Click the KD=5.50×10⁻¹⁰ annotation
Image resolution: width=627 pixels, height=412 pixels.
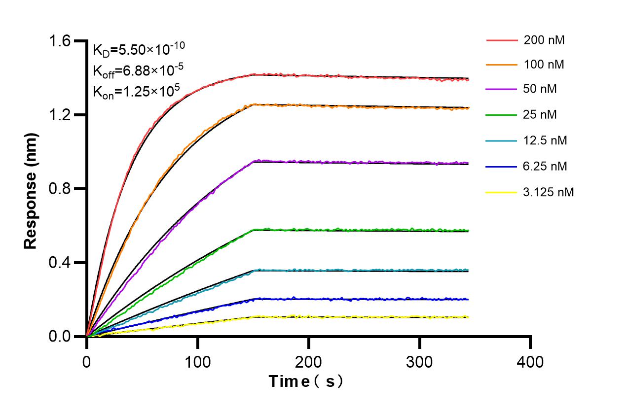139,49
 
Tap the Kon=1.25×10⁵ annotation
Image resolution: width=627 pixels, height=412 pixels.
136,91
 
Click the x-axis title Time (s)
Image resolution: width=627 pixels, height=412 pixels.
305,381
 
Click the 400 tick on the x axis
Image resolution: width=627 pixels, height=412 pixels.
530,362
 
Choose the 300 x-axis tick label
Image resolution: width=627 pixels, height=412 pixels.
419,362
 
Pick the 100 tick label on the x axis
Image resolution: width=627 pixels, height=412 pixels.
197,362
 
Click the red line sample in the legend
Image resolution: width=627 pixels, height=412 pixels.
502,40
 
